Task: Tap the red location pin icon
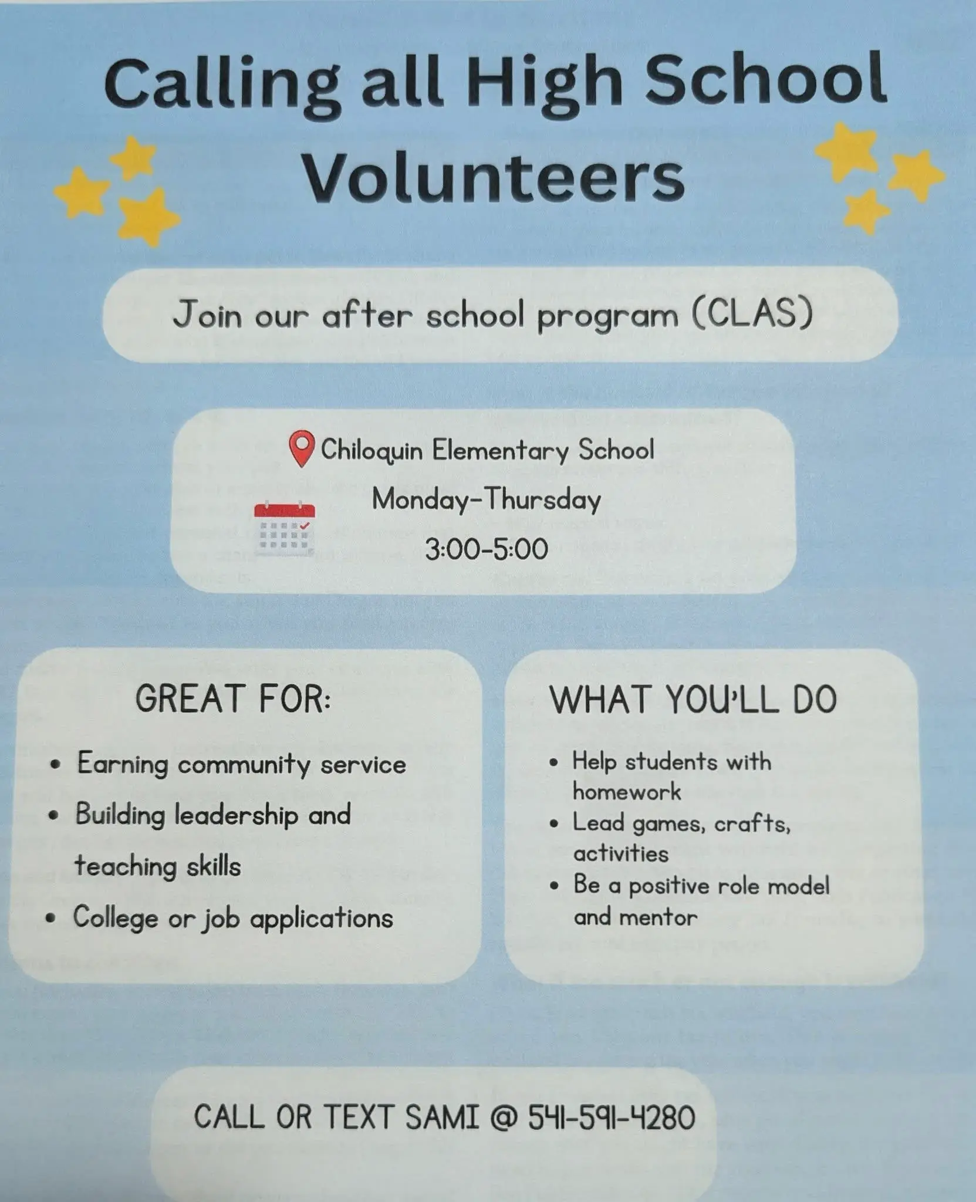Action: point(302,448)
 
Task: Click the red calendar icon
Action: point(285,528)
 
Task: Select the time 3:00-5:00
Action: point(487,549)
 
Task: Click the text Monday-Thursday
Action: point(487,500)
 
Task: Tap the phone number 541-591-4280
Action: point(612,1117)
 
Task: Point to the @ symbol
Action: point(503,1117)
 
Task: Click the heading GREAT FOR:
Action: point(233,699)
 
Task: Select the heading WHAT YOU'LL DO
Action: point(693,699)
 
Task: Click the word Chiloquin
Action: point(372,451)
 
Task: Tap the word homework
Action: point(627,792)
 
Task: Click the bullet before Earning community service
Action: point(56,765)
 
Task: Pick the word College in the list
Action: point(115,917)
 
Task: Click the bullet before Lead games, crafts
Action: point(554,824)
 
